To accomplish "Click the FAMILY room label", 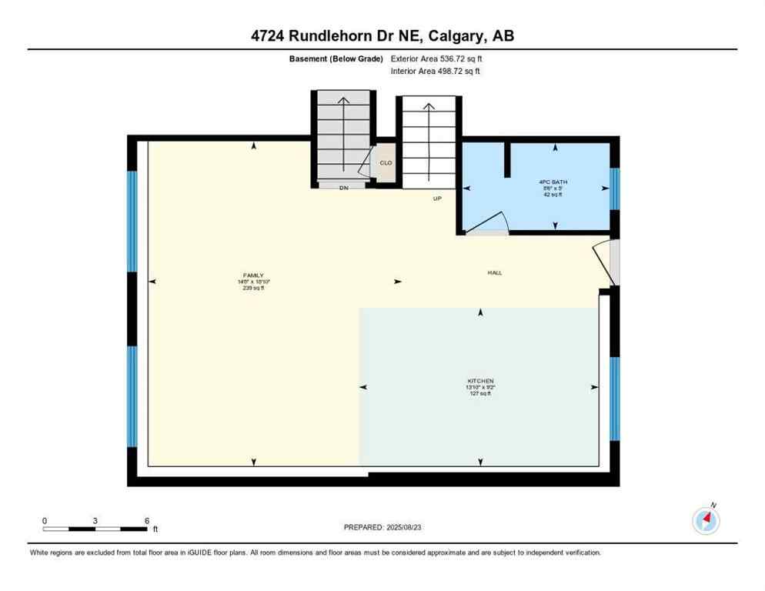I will click(x=253, y=275).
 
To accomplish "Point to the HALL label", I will click(x=494, y=272).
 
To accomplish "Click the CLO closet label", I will click(x=386, y=163).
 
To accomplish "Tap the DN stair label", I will click(x=344, y=188).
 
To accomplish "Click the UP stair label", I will click(x=437, y=199).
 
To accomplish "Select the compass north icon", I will click(x=706, y=521).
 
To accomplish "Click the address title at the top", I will click(x=382, y=36).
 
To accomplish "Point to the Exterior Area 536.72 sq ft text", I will click(x=437, y=58).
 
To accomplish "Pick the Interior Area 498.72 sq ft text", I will click(x=436, y=72).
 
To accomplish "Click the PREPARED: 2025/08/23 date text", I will click(x=382, y=527).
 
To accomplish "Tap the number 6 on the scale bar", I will click(x=146, y=521).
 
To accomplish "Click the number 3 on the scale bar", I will click(x=95, y=521).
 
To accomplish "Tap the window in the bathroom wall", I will click(x=614, y=189).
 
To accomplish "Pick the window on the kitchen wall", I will click(x=614, y=398).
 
